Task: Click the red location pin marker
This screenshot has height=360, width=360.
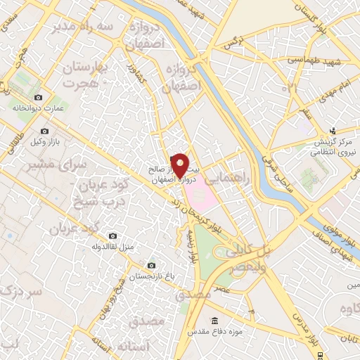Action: coord(180,166)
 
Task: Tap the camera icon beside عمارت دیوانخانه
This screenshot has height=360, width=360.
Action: coord(38,97)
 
